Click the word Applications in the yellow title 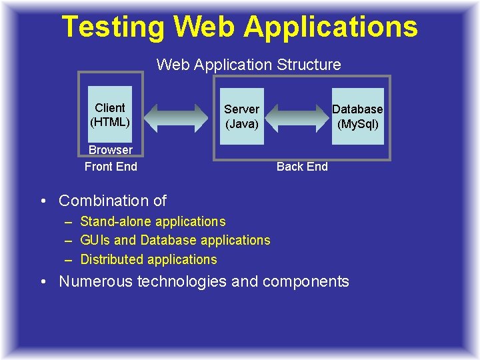[331, 27]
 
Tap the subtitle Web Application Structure [249, 65]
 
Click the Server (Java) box [241, 116]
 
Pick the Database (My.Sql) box [358, 116]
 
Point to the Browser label [111, 150]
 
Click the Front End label [111, 167]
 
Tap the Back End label [302, 167]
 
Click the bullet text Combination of [113, 201]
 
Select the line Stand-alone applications [153, 221]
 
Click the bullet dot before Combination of [42, 201]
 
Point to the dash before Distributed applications [69, 259]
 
